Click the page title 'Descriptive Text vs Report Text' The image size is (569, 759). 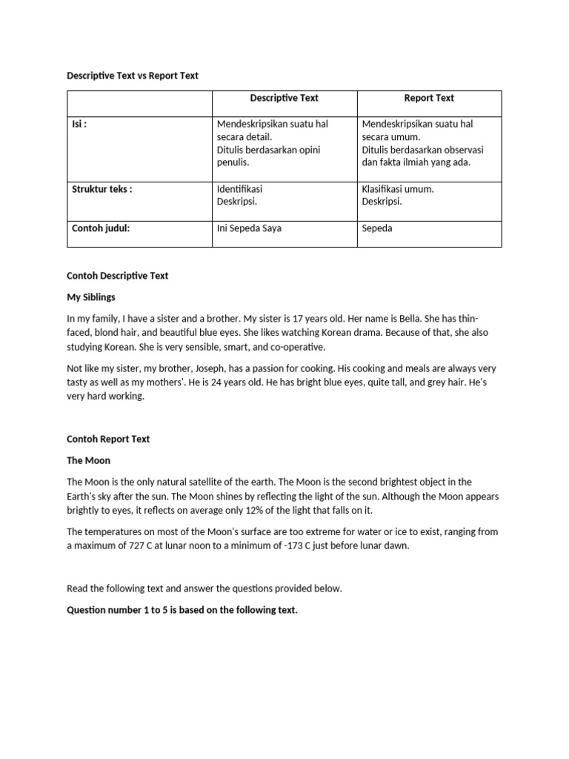133,76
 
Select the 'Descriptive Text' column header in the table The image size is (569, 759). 284,98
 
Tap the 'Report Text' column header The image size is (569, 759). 429,98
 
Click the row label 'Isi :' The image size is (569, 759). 79,125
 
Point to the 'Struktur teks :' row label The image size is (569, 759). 102,189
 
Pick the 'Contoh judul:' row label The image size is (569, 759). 101,228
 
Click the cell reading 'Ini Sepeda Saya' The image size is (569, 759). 249,228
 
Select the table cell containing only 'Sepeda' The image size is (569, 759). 377,228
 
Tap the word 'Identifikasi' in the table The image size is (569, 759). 239,189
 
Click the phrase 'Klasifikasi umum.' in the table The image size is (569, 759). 398,189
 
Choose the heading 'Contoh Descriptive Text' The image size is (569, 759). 118,276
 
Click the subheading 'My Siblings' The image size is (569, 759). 92,297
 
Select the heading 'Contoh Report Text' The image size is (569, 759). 108,439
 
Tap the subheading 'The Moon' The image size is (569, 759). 88,460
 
